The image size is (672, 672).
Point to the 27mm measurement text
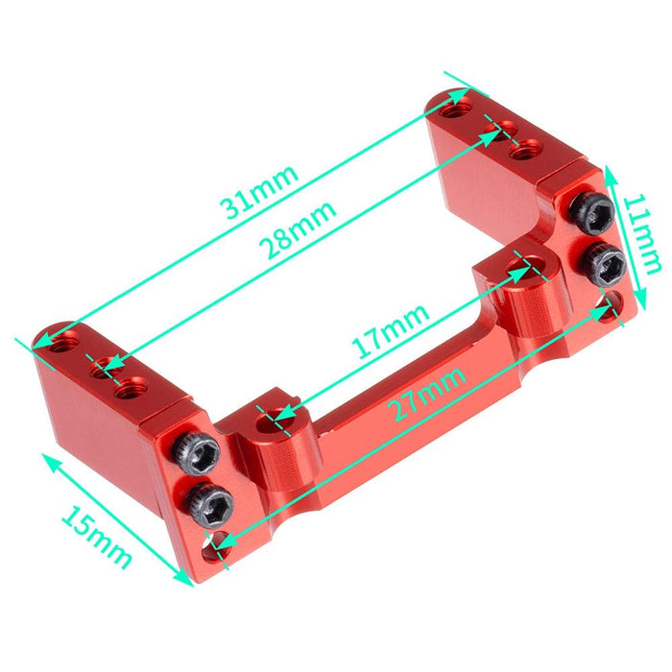click(x=429, y=393)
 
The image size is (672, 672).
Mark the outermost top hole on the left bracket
click(x=64, y=338)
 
